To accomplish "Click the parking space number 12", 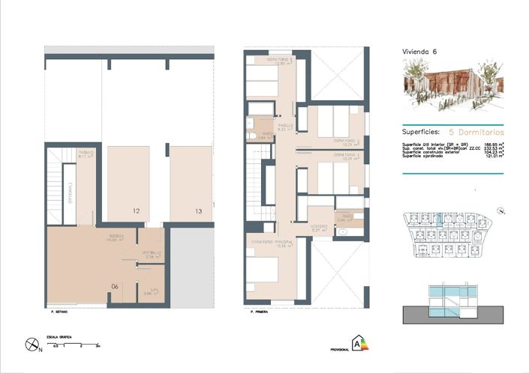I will pos(136,212).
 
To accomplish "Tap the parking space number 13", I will pos(198,212).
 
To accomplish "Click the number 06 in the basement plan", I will pos(115,285).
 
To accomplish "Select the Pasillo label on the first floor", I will pos(285,127).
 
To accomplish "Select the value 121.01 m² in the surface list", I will pos(494,157).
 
